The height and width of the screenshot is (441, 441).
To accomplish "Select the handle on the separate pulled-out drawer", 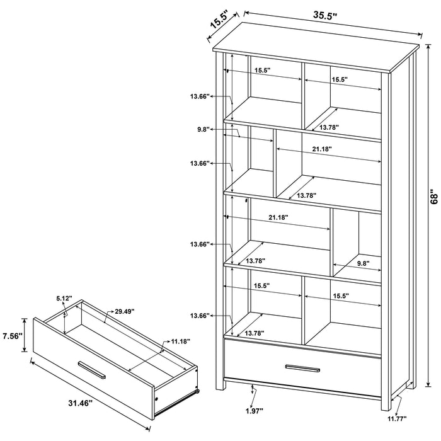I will pos(91,370).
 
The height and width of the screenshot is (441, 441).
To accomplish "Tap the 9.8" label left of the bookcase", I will pos(202,129).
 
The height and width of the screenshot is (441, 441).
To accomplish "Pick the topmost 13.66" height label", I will pos(199,96).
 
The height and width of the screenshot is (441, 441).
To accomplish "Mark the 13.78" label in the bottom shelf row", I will pos(255,332).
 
